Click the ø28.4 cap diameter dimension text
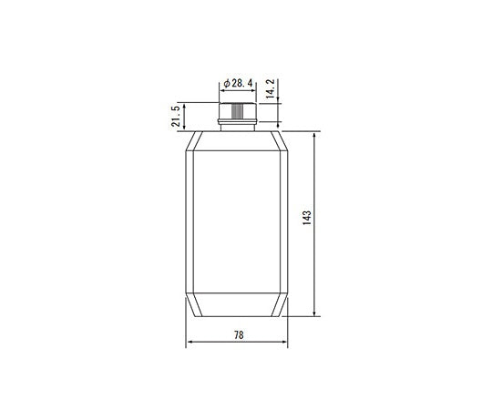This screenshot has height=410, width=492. click(239, 83)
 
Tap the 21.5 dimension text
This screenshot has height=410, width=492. click(174, 117)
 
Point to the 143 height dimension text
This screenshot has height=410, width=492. click(307, 220)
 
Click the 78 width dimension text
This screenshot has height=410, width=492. click(239, 335)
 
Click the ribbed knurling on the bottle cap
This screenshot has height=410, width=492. click(238, 112)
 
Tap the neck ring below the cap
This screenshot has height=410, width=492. click(238, 124)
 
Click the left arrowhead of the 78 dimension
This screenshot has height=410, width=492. click(190, 343)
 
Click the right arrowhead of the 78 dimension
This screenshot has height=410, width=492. click(287, 343)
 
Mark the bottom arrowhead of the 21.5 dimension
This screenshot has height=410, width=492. click(186, 128)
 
